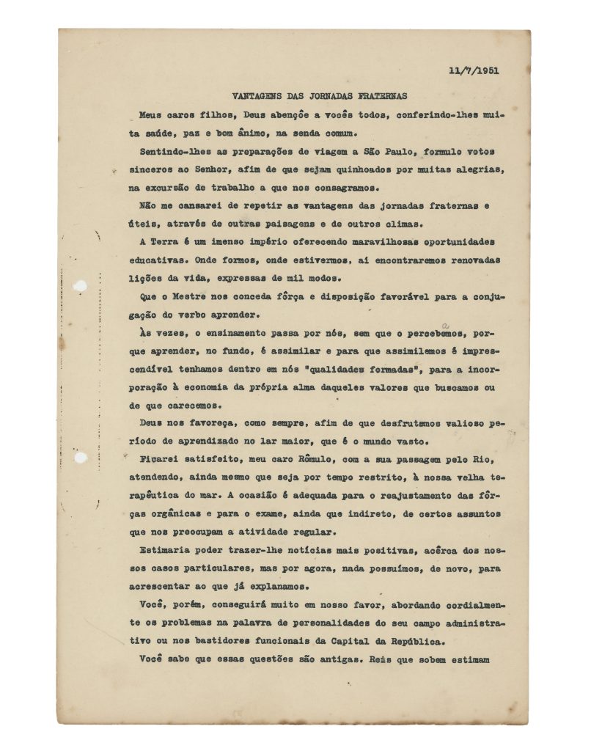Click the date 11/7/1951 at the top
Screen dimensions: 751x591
pyautogui.click(x=479, y=70)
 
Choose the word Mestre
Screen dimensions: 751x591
pyautogui.click(x=187, y=296)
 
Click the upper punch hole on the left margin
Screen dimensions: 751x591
pyautogui.click(x=81, y=285)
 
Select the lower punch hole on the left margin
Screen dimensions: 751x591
pyautogui.click(x=81, y=458)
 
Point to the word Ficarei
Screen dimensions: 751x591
pyautogui.click(x=162, y=459)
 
